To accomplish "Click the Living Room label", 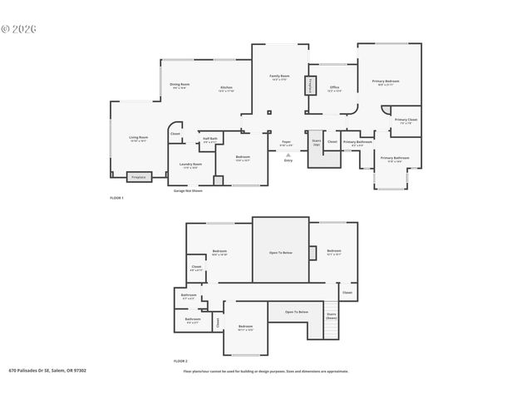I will click(x=138, y=138).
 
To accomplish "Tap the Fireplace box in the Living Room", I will click(x=139, y=177).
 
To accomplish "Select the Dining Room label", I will click(x=180, y=85).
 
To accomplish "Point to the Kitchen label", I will click(x=226, y=88).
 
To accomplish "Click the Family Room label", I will click(x=279, y=76).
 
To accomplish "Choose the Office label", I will click(x=334, y=87).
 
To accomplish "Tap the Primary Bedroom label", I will click(x=386, y=81).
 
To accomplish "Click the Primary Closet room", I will click(x=406, y=121).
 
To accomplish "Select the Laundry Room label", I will click(x=191, y=165).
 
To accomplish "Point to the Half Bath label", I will click(x=210, y=140).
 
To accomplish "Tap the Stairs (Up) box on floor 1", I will click(x=316, y=142).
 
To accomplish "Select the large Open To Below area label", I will click(x=280, y=252).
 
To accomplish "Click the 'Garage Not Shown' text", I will click(x=188, y=190).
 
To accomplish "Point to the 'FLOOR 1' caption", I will click(x=116, y=198).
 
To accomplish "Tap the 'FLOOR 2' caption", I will click(x=180, y=362).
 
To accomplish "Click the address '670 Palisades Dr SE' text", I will click(x=47, y=371).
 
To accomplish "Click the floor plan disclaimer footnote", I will click(x=266, y=371).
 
